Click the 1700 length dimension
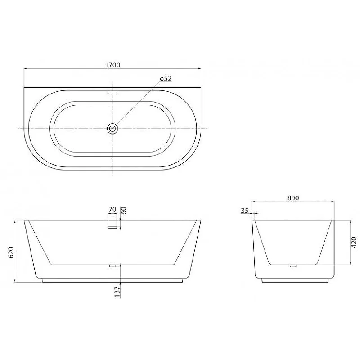[x=112, y=65]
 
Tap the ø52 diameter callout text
[x=166, y=79]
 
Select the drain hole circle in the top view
[x=112, y=129]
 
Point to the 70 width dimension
[x=112, y=210]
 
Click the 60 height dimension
[x=124, y=210]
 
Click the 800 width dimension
[x=293, y=198]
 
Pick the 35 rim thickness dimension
[x=245, y=210]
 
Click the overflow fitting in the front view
[x=112, y=227]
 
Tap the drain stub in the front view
[x=113, y=266]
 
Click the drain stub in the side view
[x=293, y=266]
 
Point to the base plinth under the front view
[x=112, y=280]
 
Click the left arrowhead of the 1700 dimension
[x=26, y=69]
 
